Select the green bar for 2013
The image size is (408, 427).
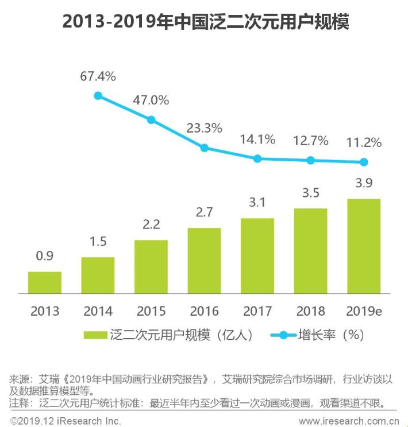pyautogui.click(x=44, y=282)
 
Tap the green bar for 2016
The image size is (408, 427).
pyautogui.click(x=204, y=261)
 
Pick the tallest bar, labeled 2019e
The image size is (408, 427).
pyautogui.click(x=364, y=246)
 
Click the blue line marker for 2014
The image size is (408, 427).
pyautogui.click(x=98, y=96)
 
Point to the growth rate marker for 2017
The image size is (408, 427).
pyautogui.click(x=257, y=158)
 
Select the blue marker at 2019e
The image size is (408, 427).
pyautogui.click(x=364, y=162)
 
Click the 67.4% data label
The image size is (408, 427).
pyautogui.click(x=98, y=76)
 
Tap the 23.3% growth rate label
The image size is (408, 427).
pyautogui.click(x=204, y=129)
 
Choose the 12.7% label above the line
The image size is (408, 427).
pyautogui.click(x=310, y=141)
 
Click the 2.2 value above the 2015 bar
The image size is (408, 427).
pyautogui.click(x=151, y=224)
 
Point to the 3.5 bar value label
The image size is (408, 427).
pyautogui.click(x=310, y=193)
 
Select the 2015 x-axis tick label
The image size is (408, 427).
pyautogui.click(x=151, y=312)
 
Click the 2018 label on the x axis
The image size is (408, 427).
pyautogui.click(x=310, y=312)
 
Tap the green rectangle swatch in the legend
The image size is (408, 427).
pyautogui.click(x=95, y=335)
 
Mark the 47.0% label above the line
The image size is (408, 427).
pyautogui.click(x=151, y=100)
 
